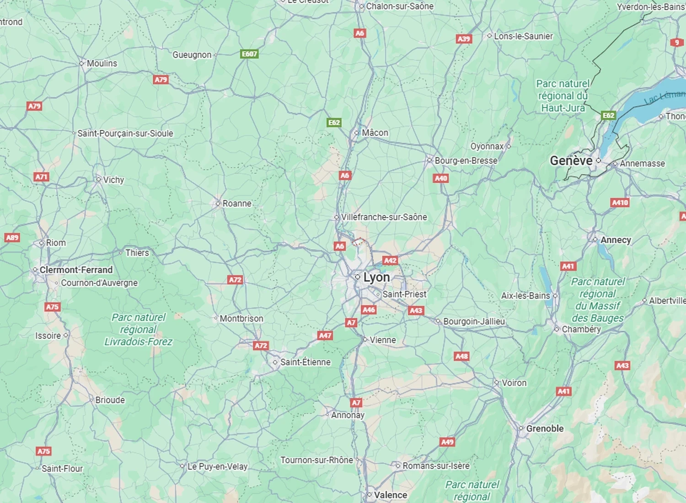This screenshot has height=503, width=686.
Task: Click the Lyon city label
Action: point(376,278)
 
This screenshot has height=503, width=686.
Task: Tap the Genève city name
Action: point(571,161)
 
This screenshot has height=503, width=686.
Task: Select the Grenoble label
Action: point(545,428)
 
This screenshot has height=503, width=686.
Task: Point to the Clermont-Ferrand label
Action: point(76,270)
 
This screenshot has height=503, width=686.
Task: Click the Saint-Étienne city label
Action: point(305,362)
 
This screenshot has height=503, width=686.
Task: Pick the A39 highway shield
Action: point(464,39)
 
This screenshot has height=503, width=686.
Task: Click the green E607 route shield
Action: point(249,54)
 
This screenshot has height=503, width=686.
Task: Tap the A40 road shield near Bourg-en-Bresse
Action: point(441,178)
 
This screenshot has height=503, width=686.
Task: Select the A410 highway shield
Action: point(620,203)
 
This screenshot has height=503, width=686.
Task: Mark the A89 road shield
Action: point(12,237)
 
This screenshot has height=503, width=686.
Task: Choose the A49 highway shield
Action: point(447,442)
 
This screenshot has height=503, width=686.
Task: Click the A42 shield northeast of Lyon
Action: point(390,261)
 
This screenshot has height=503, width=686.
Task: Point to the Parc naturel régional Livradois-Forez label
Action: point(138,329)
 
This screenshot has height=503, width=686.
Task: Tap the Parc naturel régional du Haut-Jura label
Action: point(563,96)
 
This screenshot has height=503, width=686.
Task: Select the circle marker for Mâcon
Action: point(357,133)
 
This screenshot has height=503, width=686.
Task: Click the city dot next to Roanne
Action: point(218,203)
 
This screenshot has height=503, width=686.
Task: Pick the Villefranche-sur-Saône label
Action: point(384,217)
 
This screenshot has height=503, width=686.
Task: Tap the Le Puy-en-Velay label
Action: point(217,466)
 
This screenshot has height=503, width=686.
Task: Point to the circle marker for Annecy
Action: point(595,240)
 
